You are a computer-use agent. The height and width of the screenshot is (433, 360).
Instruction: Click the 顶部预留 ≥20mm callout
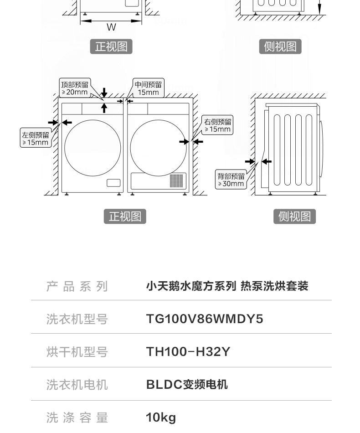(x=75, y=88)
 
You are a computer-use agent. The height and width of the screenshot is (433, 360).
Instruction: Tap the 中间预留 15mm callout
(x=148, y=88)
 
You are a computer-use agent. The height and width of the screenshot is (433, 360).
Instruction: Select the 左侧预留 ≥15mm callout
(x=36, y=138)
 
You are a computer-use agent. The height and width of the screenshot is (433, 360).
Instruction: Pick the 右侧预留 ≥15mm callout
(x=217, y=125)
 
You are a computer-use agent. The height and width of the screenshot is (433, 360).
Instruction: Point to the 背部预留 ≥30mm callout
(x=231, y=180)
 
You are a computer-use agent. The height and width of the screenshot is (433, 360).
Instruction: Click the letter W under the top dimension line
(x=111, y=27)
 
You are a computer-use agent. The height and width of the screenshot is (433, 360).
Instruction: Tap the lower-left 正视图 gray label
(x=125, y=216)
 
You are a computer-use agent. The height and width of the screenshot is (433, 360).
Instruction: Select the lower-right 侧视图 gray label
(x=294, y=216)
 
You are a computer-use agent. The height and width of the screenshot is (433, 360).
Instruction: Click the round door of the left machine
(x=93, y=120)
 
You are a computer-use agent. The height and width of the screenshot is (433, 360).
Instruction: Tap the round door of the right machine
(x=158, y=120)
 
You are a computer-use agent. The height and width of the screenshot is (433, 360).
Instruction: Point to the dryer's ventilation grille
(x=176, y=180)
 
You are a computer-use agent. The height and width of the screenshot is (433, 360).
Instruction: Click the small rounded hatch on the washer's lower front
(x=113, y=183)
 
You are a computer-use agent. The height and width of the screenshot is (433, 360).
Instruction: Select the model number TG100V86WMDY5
(x=205, y=319)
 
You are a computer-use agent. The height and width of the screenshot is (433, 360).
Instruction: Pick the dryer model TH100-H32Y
(x=188, y=352)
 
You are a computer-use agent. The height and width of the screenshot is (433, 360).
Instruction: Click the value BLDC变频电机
(x=187, y=385)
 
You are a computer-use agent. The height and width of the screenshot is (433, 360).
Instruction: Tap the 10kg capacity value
(x=161, y=418)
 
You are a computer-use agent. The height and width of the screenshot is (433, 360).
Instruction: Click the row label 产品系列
(x=77, y=286)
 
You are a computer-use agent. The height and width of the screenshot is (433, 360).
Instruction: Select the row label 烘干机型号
(x=77, y=352)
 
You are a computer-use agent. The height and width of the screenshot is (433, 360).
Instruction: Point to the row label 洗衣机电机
(x=77, y=385)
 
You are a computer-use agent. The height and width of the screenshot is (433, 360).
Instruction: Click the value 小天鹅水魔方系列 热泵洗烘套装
(x=227, y=286)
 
